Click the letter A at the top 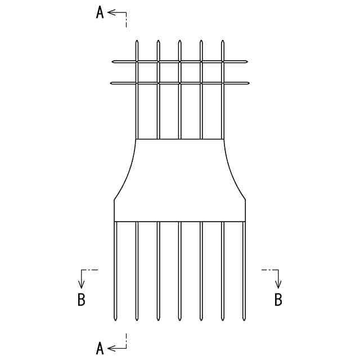(100, 13)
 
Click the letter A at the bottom (100, 348)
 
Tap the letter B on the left (82, 300)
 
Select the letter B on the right (278, 300)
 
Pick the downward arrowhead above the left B (82, 285)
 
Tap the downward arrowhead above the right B (278, 285)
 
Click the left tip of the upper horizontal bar (112, 61)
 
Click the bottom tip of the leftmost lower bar (115, 321)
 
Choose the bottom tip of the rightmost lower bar (244, 321)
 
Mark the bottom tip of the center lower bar (179, 321)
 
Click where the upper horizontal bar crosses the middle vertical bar (179, 61)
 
